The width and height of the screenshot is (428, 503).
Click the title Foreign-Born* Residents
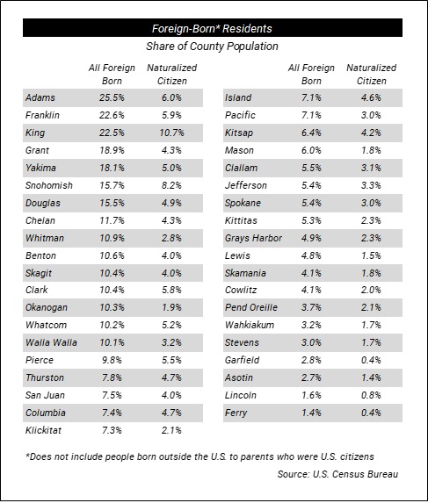click(212, 29)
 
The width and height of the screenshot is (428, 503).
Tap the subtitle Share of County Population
click(212, 47)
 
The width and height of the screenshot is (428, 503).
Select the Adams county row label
click(40, 97)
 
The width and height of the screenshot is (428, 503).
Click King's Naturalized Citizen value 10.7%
click(171, 133)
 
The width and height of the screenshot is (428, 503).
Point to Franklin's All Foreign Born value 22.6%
click(112, 115)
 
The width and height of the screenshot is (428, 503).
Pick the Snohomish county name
click(49, 185)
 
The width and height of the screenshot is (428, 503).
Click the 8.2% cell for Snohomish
click(171, 185)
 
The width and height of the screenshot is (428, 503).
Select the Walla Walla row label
click(51, 342)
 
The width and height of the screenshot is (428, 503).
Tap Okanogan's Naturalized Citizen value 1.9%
click(171, 307)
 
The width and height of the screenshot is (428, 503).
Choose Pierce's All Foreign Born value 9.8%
click(112, 360)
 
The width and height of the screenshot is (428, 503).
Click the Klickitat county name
click(43, 430)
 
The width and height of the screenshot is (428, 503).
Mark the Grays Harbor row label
click(253, 238)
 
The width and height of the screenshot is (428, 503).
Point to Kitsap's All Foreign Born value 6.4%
click(311, 133)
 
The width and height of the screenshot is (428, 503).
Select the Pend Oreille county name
click(251, 307)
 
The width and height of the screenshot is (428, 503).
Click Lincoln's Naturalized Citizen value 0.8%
click(371, 395)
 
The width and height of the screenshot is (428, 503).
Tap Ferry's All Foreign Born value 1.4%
click(311, 413)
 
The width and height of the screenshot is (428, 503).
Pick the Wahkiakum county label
click(250, 325)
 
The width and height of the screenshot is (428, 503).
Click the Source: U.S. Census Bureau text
click(337, 474)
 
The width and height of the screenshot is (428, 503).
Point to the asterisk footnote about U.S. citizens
click(199, 456)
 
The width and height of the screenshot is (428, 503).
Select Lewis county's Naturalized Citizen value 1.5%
click(371, 255)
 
